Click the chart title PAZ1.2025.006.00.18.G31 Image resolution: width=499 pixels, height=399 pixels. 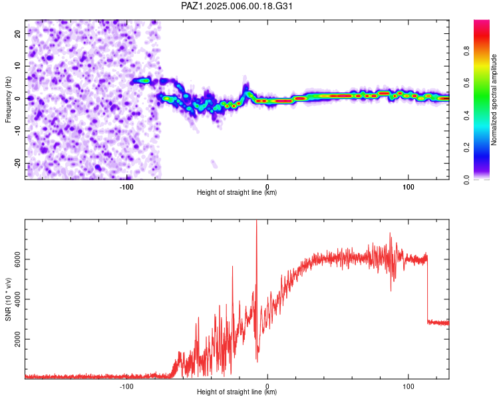pos(236,6)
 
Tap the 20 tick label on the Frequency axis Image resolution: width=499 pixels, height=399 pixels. pos(18,33)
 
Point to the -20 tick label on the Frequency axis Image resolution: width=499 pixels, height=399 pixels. pos(18,164)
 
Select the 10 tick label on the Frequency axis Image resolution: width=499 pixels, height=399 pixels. pos(18,66)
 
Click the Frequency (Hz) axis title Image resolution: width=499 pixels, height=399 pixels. pos(8,100)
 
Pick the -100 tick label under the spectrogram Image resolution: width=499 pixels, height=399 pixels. pos(126,187)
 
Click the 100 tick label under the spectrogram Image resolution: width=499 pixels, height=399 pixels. pos(409,187)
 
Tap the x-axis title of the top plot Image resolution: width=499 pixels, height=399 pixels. pos(237,192)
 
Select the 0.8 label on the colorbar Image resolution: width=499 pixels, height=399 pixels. pos(467,51)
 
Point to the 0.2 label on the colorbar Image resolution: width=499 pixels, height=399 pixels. pos(467,148)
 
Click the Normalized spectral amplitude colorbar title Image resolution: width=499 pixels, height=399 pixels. pos(494,100)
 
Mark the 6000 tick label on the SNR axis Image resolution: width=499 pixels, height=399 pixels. pos(18,259)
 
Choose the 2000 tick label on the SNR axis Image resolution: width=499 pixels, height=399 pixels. pos(18,339)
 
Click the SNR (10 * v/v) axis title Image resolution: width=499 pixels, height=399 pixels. pos(8,299)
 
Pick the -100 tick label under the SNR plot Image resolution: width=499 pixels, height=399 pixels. pos(126,386)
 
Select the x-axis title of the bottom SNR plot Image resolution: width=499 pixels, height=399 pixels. pos(237,392)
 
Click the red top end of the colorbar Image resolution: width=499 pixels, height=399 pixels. pos(482,21)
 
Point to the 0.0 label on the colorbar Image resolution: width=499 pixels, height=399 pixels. pos(467,180)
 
